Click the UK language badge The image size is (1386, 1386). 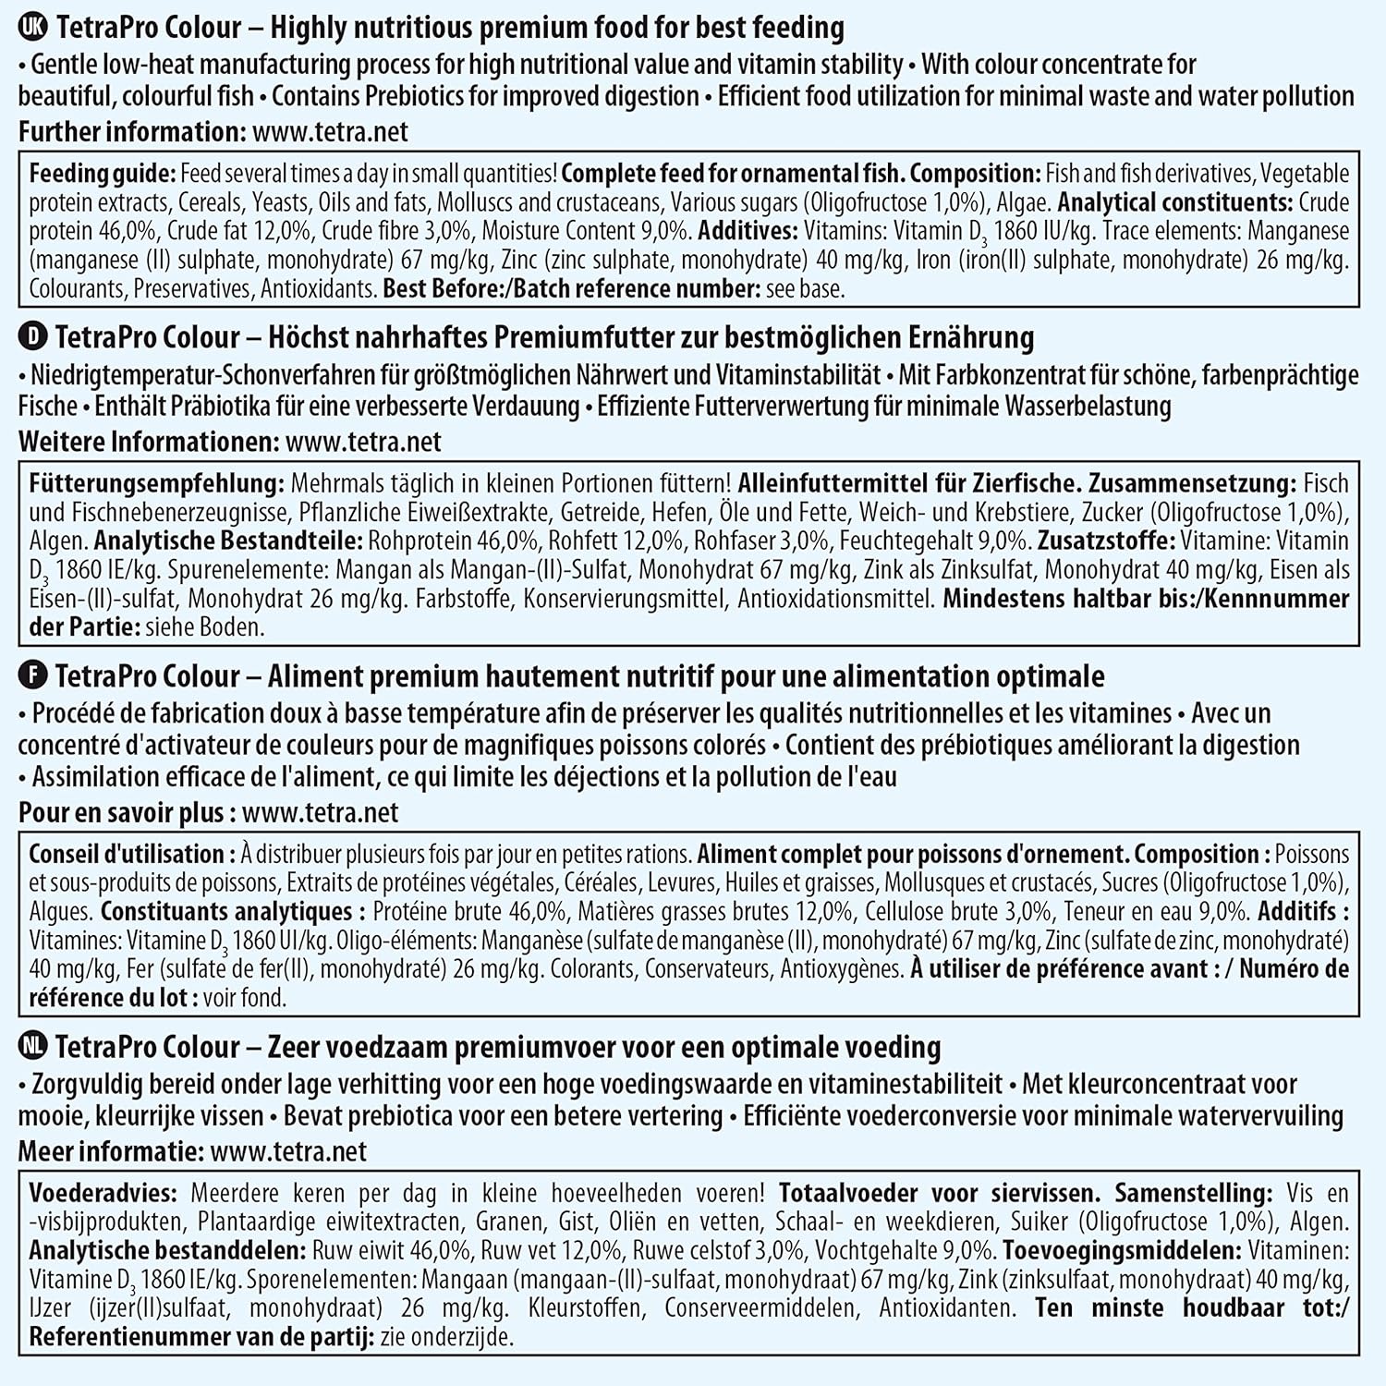[x=32, y=28]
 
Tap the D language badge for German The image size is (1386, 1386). [x=32, y=337]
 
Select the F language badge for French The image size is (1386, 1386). [x=32, y=676]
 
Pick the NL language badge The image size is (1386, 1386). [x=32, y=1047]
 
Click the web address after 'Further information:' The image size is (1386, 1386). [x=330, y=131]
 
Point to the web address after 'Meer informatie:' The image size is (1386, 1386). [x=288, y=1151]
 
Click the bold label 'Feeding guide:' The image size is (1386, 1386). [x=102, y=174]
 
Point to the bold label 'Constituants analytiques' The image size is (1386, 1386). [x=225, y=911]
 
